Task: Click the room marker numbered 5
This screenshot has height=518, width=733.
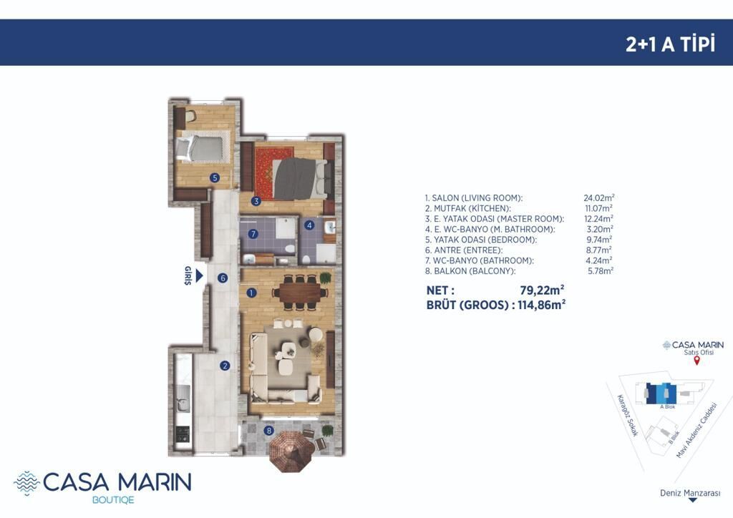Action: coord(215,178)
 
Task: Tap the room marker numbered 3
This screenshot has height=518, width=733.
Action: coord(256,202)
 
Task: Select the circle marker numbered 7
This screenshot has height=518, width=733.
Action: coord(252,234)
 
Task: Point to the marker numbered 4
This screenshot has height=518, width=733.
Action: coord(309,225)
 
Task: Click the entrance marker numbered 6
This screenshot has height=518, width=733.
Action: coord(223,278)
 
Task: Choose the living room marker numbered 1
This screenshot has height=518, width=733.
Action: coord(251,293)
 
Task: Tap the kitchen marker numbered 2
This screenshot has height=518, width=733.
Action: coord(225,366)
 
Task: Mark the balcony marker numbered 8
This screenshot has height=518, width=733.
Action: coord(268,431)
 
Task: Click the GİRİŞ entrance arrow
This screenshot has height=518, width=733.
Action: coord(200,276)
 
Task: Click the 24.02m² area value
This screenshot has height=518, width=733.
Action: coord(599,197)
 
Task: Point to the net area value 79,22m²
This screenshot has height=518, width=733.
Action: coord(542,289)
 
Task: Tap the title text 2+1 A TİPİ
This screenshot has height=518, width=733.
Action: coord(670,44)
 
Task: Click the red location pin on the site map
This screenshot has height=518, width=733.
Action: coord(696,361)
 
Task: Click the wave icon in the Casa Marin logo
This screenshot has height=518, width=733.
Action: coord(26,482)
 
